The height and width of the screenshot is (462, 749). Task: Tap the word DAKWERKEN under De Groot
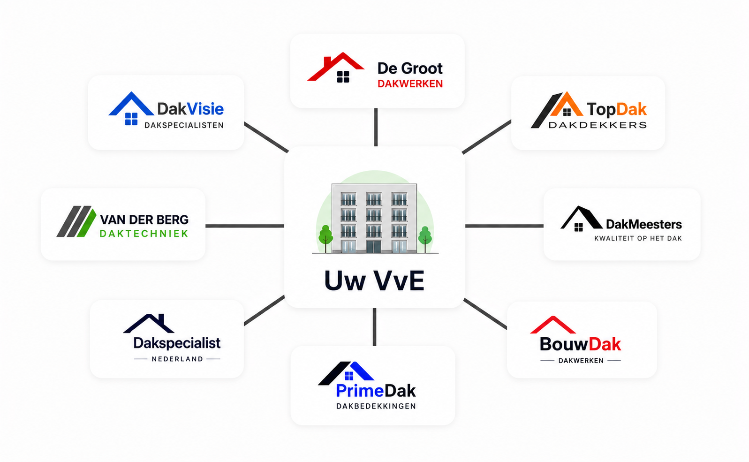410,84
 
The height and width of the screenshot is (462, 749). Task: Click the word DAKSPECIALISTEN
184,125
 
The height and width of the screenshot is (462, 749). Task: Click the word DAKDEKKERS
598,125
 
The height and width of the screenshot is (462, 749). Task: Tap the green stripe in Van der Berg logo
87,223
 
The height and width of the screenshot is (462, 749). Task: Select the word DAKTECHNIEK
144,234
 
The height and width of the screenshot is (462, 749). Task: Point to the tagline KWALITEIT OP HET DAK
638,239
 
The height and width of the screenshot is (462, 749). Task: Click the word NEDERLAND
177,359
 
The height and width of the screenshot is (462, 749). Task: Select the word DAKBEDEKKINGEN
376,407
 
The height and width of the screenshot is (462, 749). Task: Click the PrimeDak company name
376,391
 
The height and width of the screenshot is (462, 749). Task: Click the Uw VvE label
374,281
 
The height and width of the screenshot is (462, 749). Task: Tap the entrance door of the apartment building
373,246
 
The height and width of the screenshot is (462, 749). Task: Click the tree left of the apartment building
325,238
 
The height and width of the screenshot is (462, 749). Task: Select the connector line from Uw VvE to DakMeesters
504,226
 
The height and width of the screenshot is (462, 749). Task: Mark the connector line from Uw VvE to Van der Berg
245,226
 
